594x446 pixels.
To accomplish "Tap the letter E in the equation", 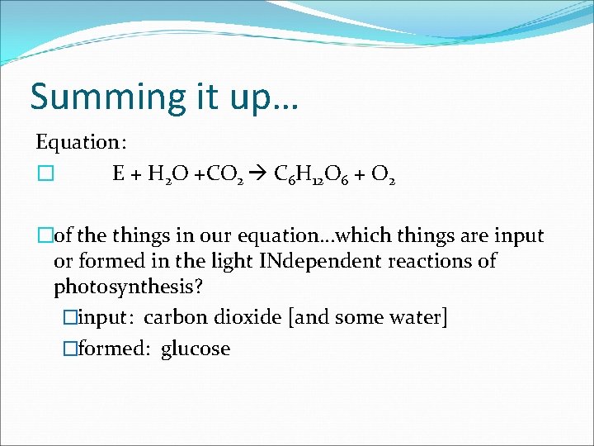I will pos(119,174).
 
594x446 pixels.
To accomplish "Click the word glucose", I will pos(196,349).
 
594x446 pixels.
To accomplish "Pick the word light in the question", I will pos(229,262).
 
